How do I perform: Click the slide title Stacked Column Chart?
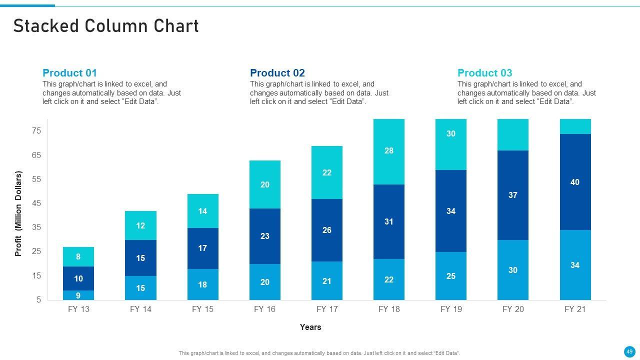(106, 26)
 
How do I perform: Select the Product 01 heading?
(69, 73)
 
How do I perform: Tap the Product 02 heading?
(277, 73)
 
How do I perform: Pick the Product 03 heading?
(484, 73)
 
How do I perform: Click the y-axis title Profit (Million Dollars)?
(18, 214)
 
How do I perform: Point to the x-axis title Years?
(310, 327)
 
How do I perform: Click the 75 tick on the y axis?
(36, 131)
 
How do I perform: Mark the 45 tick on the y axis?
(36, 203)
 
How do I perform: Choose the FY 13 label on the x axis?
(78, 309)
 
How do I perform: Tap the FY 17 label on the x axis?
(326, 309)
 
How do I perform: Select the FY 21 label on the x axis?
(574, 309)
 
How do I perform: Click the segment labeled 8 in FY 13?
(78, 256)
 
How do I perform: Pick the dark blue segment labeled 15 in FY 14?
(140, 258)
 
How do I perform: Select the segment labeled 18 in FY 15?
(202, 284)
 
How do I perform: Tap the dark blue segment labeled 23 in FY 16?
(265, 236)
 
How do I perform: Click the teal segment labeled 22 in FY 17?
(327, 172)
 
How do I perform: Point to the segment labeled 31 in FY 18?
(389, 221)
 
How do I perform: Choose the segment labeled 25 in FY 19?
(451, 276)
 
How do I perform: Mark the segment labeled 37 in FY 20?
(513, 195)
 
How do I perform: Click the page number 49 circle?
(629, 351)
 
